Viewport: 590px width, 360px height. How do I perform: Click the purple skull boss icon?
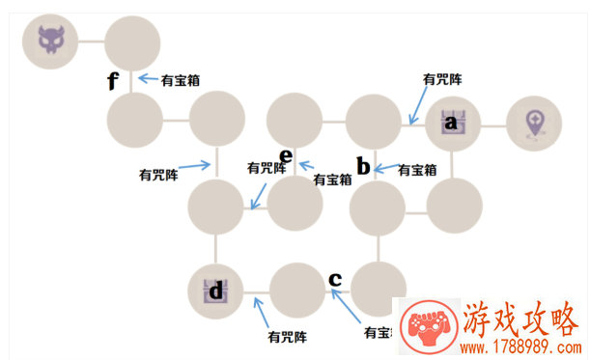click(49, 41)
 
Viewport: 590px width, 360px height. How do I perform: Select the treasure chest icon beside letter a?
click(453, 124)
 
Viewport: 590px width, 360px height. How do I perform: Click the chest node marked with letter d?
click(216, 291)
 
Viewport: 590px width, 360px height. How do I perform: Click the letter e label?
click(286, 155)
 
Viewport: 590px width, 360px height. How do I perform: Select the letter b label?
click(363, 166)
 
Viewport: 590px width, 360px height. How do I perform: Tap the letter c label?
click(335, 279)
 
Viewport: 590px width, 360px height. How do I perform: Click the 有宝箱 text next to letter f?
click(181, 80)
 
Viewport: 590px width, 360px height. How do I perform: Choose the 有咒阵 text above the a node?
click(443, 79)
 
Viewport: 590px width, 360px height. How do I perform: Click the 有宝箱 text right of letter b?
click(418, 169)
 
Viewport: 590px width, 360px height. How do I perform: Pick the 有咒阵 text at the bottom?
click(287, 337)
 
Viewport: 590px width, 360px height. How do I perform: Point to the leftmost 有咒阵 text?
click(158, 175)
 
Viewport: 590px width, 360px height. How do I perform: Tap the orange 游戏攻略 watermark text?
click(520, 318)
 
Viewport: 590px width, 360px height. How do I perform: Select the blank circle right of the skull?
click(130, 41)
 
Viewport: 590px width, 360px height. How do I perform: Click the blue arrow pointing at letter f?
click(148, 79)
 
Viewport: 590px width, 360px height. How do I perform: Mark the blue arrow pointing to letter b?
click(384, 169)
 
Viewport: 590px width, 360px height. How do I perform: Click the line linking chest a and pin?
click(492, 125)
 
